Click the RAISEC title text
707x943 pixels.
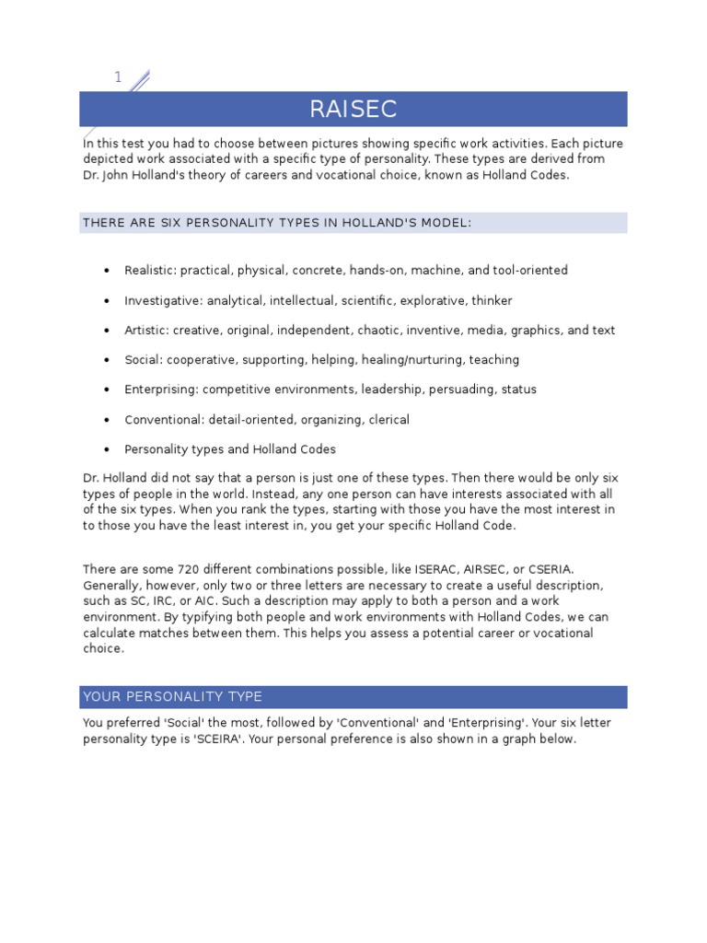point(353,110)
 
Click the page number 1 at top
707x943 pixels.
point(118,77)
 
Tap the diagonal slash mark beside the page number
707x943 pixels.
point(139,82)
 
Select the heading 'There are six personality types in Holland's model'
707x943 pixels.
point(276,223)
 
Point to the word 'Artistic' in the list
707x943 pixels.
point(145,331)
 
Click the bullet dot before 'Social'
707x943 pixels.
point(107,360)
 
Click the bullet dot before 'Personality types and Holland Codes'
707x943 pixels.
point(107,450)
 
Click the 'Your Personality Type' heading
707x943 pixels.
point(172,696)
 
